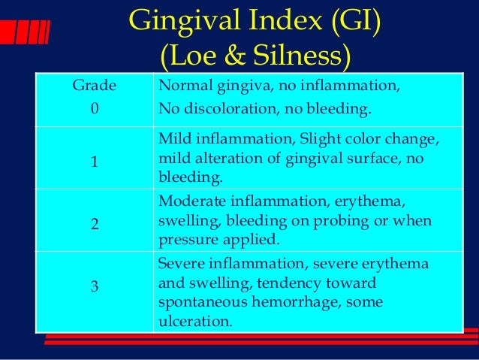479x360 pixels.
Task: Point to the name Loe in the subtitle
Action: (189, 56)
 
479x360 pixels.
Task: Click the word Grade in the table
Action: (94, 86)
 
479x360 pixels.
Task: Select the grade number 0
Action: (94, 109)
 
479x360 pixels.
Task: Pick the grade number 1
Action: (94, 162)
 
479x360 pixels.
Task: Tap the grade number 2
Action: (94, 223)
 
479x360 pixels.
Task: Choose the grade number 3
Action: (94, 286)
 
